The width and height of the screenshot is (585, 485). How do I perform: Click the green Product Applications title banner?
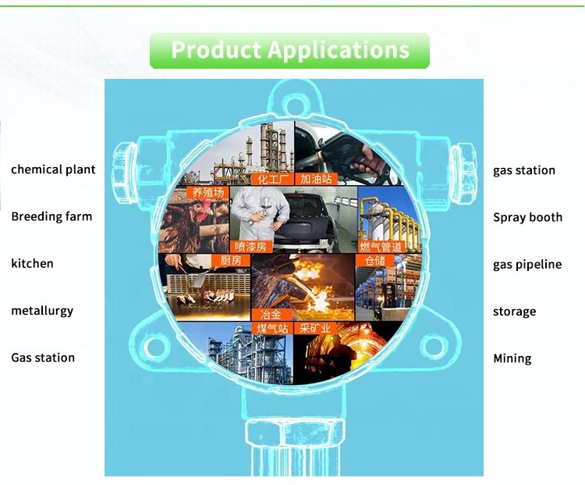pos(289,51)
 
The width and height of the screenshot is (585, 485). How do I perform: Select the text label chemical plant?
pos(53,169)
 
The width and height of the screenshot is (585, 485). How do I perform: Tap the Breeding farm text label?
pos(51,216)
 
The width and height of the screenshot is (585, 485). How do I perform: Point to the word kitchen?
pos(32,263)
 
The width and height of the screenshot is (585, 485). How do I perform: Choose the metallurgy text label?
pos(42,311)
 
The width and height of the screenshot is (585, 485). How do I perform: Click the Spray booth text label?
pos(527,217)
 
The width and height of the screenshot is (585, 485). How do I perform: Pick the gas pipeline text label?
pos(527,265)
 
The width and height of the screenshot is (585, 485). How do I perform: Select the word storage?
pos(515,312)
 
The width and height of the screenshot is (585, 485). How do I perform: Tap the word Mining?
pos(512,358)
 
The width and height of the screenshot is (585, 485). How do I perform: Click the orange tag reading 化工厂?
pos(273,179)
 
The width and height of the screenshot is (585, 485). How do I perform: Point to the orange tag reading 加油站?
pos(317,179)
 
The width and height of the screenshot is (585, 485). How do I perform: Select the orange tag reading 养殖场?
pos(207,193)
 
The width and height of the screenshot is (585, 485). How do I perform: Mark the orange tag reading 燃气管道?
pos(381,247)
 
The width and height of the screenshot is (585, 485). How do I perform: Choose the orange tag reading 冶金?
pos(271,315)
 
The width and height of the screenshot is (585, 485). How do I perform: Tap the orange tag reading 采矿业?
pos(315,329)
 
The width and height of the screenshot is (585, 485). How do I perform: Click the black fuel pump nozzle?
pos(338,157)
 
